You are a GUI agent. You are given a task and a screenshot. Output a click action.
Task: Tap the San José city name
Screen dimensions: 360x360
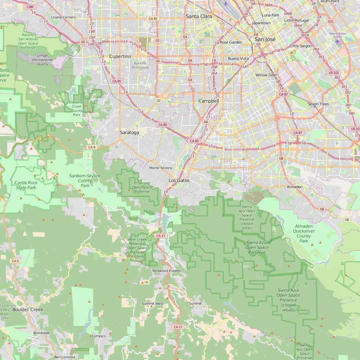pyautogui.click(x=265, y=39)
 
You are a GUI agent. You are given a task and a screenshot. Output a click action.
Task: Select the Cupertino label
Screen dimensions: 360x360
pyautogui.click(x=120, y=56)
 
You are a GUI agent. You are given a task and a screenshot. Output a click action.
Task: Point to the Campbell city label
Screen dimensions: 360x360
pyautogui.click(x=208, y=101)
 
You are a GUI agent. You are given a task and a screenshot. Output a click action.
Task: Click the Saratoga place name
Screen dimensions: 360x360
pyautogui.click(x=129, y=133)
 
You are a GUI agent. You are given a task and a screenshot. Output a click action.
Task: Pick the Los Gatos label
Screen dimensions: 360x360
pyautogui.click(x=179, y=180)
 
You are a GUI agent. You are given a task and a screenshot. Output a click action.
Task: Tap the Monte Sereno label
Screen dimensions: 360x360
pyautogui.click(x=161, y=168)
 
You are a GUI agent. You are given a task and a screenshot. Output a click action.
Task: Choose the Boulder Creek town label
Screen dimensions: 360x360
pyautogui.click(x=28, y=310)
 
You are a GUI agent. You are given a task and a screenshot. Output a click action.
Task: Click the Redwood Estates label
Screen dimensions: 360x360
pyautogui.click(x=167, y=271)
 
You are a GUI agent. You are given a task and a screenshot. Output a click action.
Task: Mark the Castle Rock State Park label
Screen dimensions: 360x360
pyautogui.click(x=26, y=185)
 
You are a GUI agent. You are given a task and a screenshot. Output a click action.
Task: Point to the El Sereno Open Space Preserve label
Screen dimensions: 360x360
pyautogui.click(x=142, y=187)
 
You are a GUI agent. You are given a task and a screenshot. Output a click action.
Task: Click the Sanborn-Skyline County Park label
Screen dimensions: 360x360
pyautogui.click(x=85, y=180)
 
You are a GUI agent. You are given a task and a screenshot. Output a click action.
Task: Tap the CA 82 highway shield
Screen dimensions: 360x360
pyautogui.click(x=153, y=18)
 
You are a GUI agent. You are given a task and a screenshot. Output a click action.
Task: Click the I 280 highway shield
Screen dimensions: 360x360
pyautogui.click(x=30, y=7)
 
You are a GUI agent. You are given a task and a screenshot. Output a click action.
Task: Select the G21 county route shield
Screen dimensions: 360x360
pyautogui.click(x=330, y=21)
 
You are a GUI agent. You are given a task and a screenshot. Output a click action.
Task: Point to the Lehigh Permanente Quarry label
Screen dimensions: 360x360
pyautogui.click(x=43, y=60)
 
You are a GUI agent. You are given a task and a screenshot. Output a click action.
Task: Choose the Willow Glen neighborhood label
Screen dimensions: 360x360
pyautogui.click(x=266, y=75)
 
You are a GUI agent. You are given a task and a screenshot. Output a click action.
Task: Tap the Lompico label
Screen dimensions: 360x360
pyautogui.click(x=99, y=336)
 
